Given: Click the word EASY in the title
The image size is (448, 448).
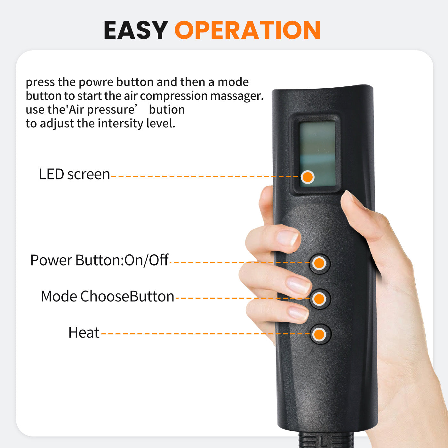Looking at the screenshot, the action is click(136, 30).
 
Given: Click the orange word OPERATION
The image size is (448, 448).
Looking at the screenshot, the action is click(248, 30).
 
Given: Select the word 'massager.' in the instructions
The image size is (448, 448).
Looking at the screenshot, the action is click(237, 96).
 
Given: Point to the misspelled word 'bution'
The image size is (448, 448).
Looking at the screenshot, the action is click(167, 109).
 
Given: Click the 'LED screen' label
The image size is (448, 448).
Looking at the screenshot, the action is click(74, 174).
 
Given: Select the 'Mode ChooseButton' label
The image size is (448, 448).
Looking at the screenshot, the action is click(108, 296).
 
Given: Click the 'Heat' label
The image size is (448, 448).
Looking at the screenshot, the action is click(84, 332).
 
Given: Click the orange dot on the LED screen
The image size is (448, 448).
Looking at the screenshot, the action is click(308, 177).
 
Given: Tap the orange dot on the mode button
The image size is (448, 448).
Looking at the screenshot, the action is click(319, 299).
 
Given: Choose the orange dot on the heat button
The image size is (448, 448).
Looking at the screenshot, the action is click(319, 334).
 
